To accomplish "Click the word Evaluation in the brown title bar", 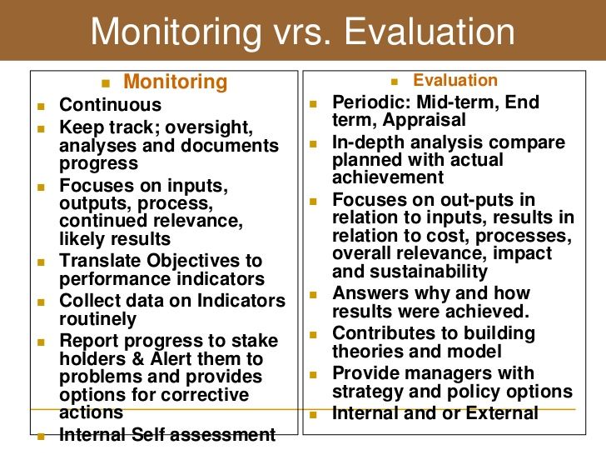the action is pyautogui.click(x=430, y=32).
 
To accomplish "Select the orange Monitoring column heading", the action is pyautogui.click(x=176, y=82).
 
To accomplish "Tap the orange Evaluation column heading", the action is pyautogui.click(x=455, y=80).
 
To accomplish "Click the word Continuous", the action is pyautogui.click(x=111, y=105).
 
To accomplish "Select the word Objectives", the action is pyautogui.click(x=193, y=261).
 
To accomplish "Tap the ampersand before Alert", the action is pyautogui.click(x=138, y=358).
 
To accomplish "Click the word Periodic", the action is pyautogui.click(x=371, y=102).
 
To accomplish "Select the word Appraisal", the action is pyautogui.click(x=424, y=120).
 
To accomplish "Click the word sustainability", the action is pyautogui.click(x=429, y=272).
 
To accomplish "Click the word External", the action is pyautogui.click(x=502, y=413).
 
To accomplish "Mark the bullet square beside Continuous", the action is pyautogui.click(x=42, y=106).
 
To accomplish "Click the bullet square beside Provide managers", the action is pyautogui.click(x=314, y=374).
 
